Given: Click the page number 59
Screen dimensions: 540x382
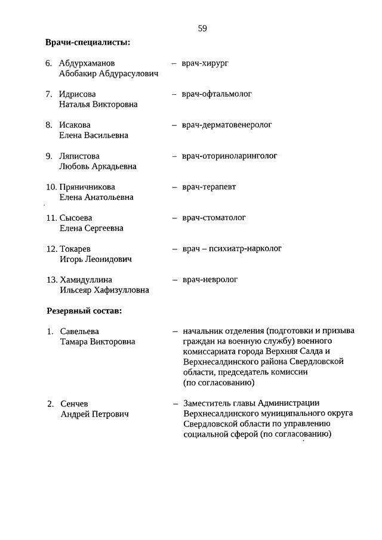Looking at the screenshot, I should tap(202, 28).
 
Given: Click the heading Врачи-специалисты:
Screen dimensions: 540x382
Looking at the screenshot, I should tap(88, 42).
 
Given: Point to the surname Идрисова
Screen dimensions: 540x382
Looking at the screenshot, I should tap(77, 94).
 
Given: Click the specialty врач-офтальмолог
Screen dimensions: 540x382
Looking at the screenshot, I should tap(217, 94).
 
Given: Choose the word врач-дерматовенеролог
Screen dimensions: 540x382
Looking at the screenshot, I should tap(227, 125).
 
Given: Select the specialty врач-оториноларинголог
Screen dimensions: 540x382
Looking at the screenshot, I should tap(230, 156).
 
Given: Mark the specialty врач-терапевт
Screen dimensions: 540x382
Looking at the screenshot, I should tap(210, 187).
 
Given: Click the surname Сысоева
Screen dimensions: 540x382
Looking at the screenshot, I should tap(76, 218).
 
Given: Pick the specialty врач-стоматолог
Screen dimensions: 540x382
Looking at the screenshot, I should tap(214, 218).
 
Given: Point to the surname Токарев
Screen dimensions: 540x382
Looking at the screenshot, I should tap(75, 249).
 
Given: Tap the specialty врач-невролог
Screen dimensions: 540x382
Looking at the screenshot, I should tap(210, 279).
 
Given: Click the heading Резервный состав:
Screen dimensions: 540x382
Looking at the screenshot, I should tap(84, 311).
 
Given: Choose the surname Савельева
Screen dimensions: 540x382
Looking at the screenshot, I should tap(79, 331).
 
